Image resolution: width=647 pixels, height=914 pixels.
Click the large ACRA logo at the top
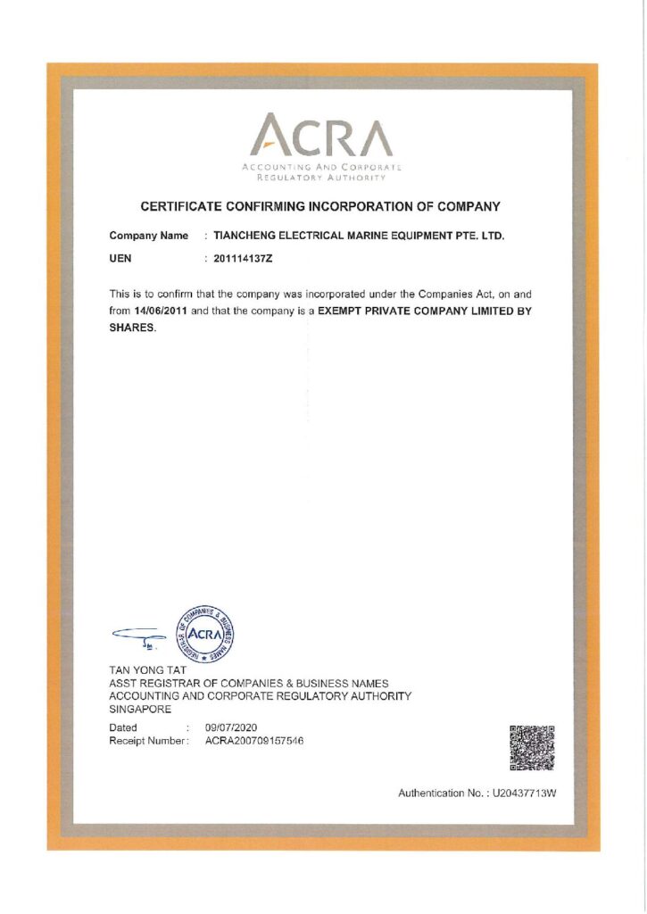coord(322,136)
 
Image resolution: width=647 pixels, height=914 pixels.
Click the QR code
coord(532,747)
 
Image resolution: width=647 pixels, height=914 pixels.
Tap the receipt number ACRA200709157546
coord(254,741)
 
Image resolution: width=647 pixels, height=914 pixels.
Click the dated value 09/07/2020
coord(231,728)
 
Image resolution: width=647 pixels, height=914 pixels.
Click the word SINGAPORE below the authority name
coord(140,709)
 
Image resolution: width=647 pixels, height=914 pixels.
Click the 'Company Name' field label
coord(148,236)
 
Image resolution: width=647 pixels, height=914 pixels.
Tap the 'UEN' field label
coord(120,259)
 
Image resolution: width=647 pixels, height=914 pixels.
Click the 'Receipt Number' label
coord(148,741)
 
